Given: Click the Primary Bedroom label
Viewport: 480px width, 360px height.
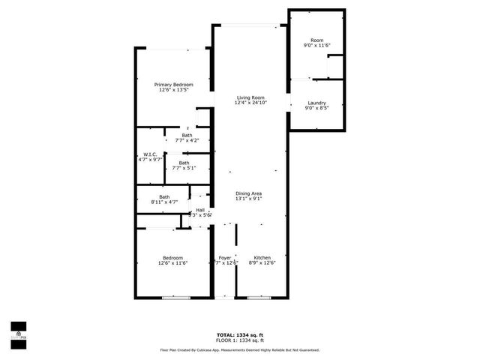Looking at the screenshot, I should (x=173, y=85).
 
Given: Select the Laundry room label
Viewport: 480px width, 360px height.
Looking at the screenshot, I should (x=316, y=103).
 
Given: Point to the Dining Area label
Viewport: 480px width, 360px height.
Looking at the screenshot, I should (x=248, y=193).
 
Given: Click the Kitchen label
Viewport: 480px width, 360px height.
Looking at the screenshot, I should (x=261, y=257).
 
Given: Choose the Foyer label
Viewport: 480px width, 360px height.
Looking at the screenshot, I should (x=225, y=257).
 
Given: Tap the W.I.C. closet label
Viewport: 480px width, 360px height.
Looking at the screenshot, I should (x=150, y=154).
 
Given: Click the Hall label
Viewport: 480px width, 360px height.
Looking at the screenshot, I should (x=200, y=210).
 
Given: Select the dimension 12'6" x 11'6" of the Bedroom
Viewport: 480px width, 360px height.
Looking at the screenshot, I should (x=172, y=263).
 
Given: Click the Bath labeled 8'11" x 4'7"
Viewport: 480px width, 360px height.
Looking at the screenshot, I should (x=163, y=197).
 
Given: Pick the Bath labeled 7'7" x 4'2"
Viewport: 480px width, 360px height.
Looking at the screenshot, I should (x=186, y=135).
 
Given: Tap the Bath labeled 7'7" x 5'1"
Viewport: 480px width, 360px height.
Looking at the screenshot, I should (x=184, y=163).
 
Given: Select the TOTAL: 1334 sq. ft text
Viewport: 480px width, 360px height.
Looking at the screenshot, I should (x=239, y=334).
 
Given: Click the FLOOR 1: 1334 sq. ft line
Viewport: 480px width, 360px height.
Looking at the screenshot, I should (x=239, y=340).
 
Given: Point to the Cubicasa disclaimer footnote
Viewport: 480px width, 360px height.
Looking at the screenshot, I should (x=239, y=349).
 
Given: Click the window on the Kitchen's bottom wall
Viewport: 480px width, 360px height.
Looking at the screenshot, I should (x=259, y=298).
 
